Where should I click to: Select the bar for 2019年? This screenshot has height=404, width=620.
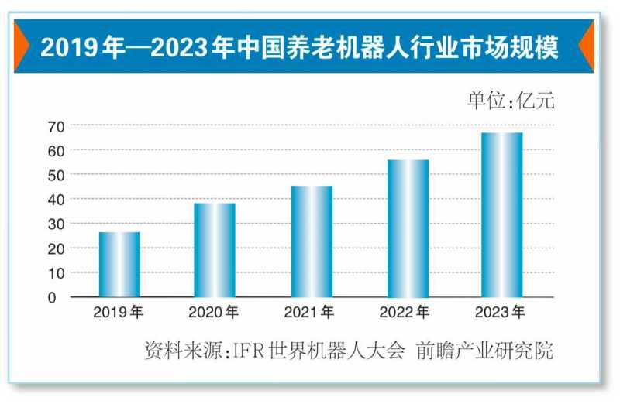tap(120, 265)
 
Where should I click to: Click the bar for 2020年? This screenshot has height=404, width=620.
tap(215, 250)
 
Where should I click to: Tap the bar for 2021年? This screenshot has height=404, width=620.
tap(312, 241)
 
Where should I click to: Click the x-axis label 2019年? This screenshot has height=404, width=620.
tap(119, 313)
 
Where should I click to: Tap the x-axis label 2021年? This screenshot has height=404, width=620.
tap(310, 313)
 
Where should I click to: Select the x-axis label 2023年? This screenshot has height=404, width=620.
tap(501, 313)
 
